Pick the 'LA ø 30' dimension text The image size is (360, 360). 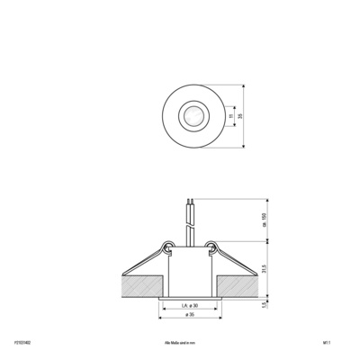[x=187, y=306]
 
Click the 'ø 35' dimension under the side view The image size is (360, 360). [x=187, y=316]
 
